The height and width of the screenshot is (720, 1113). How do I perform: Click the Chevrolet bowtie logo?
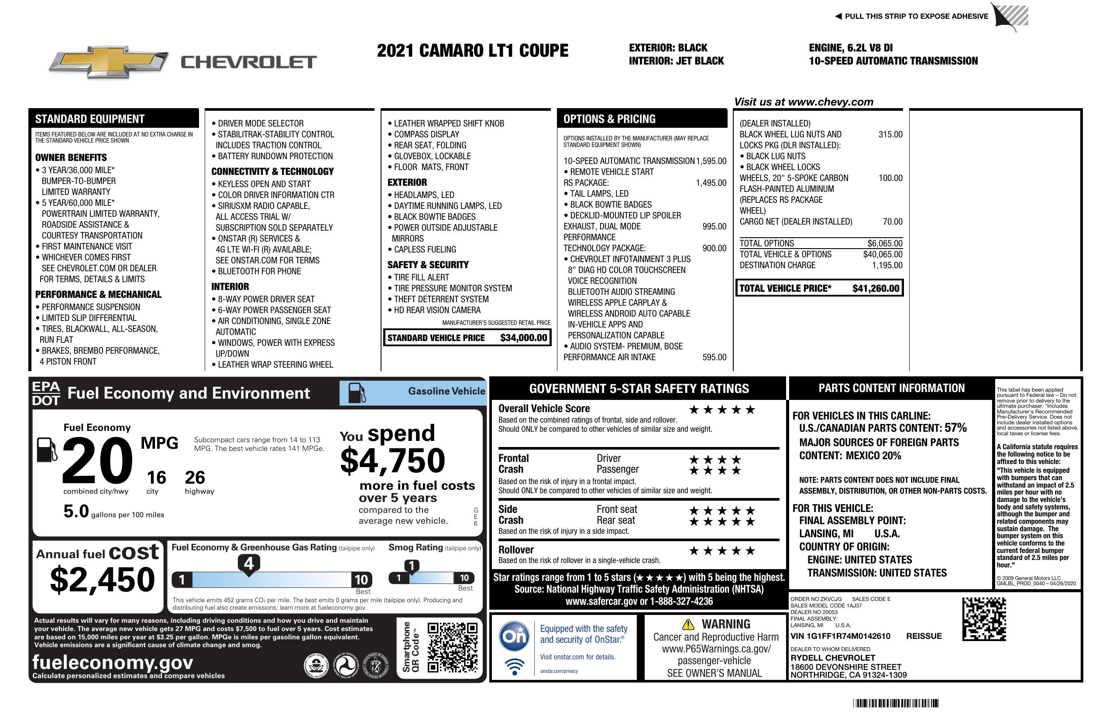[109, 61]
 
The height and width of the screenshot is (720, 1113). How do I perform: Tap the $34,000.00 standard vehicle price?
[523, 338]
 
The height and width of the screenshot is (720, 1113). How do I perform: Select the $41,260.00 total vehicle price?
[876, 288]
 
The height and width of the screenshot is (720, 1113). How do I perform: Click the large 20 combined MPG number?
[97, 461]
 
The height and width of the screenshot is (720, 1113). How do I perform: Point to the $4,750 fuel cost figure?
[392, 461]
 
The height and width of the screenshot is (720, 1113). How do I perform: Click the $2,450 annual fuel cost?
[103, 580]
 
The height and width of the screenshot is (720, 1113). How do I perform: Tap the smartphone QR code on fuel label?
[452, 647]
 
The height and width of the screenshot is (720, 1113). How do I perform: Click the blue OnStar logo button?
[515, 636]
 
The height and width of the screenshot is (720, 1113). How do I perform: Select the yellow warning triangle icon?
[688, 624]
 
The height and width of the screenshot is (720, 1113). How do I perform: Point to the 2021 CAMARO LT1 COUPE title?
[472, 51]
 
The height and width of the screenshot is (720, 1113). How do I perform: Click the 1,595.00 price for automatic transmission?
[711, 161]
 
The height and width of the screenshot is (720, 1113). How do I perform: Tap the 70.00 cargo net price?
[892, 222]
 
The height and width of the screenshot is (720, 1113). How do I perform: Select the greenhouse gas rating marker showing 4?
[249, 563]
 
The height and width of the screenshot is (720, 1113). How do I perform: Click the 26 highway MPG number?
[195, 478]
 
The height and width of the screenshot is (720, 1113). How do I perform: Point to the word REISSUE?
[924, 636]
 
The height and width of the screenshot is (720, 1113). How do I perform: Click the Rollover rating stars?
[722, 551]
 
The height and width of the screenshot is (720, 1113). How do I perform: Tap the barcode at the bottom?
[895, 703]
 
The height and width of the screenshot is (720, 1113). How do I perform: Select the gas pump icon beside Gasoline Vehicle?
[357, 393]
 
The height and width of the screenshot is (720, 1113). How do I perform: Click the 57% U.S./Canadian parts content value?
[955, 427]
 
